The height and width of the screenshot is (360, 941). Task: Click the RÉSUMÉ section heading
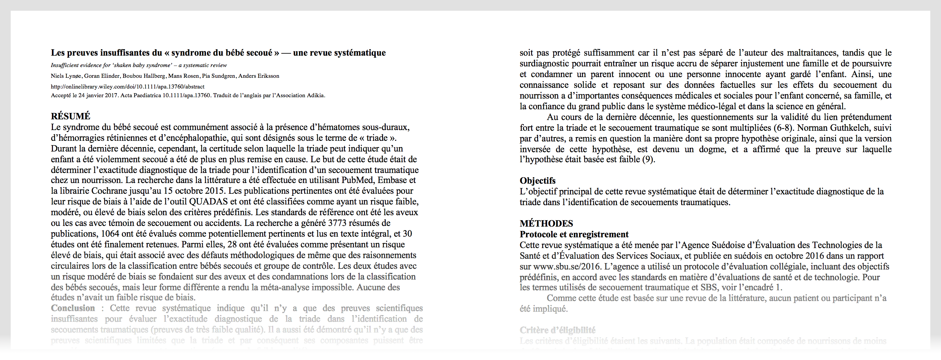pos(71,116)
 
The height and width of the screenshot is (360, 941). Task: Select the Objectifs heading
pos(537,181)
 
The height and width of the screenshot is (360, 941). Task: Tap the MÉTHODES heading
pos(546,223)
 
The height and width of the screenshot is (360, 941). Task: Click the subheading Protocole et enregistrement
pos(574,234)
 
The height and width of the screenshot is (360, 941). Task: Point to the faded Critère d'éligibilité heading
pos(558,330)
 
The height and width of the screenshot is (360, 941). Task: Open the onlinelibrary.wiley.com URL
pos(128,86)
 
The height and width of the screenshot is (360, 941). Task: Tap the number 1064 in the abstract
pos(110,234)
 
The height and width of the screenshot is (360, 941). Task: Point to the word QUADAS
pos(208,201)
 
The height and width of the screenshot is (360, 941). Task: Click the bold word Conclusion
pos(73,308)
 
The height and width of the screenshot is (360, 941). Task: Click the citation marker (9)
pos(648,160)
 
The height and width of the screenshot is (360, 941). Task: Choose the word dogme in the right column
pos(712,149)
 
